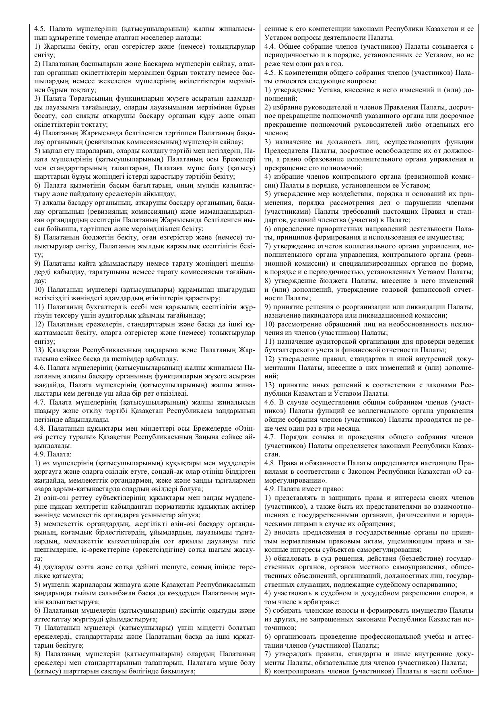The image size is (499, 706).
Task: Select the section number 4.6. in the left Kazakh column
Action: click(40, 367)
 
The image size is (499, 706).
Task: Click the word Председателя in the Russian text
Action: click(286, 151)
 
